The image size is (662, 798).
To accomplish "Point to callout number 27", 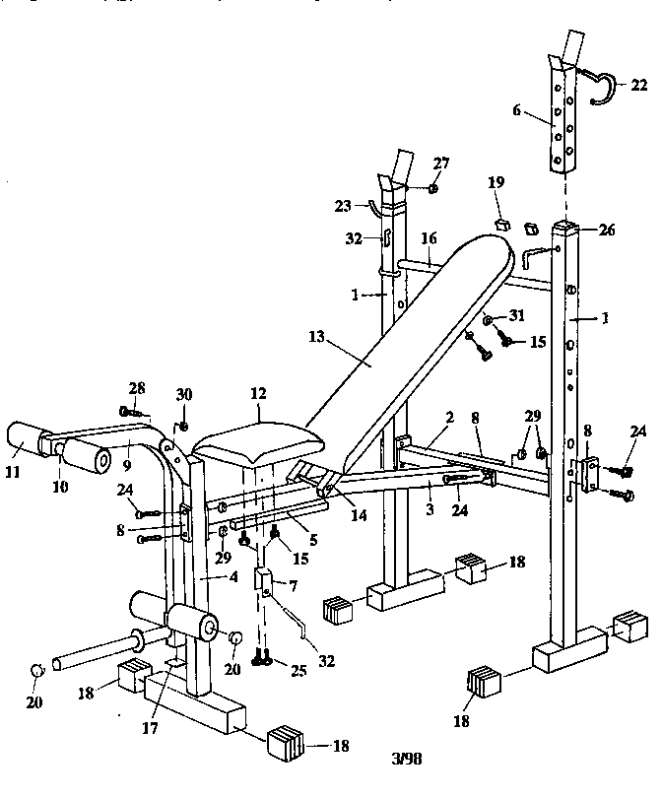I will click(x=440, y=163).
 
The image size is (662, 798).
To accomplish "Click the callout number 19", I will click(x=496, y=182).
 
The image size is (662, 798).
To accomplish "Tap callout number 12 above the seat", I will click(x=258, y=393).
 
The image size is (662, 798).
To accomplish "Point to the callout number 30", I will click(x=183, y=395).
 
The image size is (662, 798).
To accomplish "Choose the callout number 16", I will click(x=429, y=238).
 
